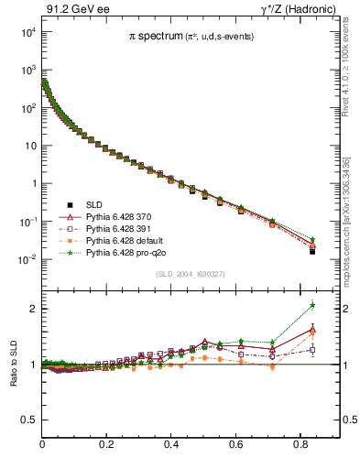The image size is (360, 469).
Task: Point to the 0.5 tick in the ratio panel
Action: (x=27, y=420)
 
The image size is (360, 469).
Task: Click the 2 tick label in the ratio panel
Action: (x=33, y=309)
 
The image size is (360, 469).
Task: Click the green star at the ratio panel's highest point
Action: (x=312, y=305)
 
